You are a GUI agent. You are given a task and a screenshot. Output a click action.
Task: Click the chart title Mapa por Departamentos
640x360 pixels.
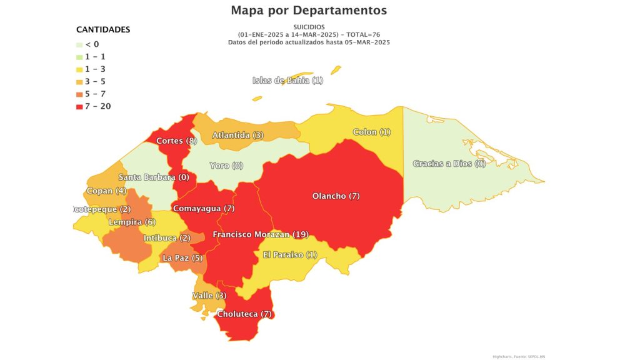pos(309,11)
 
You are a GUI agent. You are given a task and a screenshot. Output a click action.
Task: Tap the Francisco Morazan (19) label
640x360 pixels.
pos(260,234)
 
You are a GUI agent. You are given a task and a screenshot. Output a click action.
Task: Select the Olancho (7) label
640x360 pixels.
pos(336,196)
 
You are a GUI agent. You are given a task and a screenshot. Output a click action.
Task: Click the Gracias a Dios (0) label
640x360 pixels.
pos(449,164)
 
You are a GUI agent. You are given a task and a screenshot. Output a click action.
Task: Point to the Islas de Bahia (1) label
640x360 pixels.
pos(287,80)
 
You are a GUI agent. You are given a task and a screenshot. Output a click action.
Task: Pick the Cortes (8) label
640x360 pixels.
pos(176,141)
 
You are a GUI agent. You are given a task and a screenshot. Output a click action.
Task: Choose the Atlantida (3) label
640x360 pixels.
pos(237,135)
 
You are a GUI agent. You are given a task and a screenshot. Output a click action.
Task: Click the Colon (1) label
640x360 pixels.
pos(371,132)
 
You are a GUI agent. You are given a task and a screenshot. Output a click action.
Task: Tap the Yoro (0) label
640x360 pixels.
pos(226,166)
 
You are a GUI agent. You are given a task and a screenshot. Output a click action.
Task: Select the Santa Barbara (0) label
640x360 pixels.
pos(154,177)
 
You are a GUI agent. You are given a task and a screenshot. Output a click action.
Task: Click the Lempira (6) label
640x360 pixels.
pos(132,222)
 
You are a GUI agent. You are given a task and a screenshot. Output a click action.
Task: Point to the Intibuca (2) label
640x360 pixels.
pos(166,238)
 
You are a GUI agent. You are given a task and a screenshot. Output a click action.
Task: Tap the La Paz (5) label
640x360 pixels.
pos(182,257)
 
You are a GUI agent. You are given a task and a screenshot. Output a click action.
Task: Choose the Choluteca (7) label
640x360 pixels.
pos(245,314)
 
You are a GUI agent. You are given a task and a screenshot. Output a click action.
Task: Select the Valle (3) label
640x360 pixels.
pos(209,295)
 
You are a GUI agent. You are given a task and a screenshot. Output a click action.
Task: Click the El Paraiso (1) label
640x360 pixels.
pos(290,254)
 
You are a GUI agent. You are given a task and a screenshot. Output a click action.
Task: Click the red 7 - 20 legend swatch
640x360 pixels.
pos(79,106)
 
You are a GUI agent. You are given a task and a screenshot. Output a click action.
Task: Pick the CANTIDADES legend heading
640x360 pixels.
pos(103,29)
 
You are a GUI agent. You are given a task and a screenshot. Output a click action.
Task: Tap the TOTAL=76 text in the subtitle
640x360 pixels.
pos(361,34)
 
